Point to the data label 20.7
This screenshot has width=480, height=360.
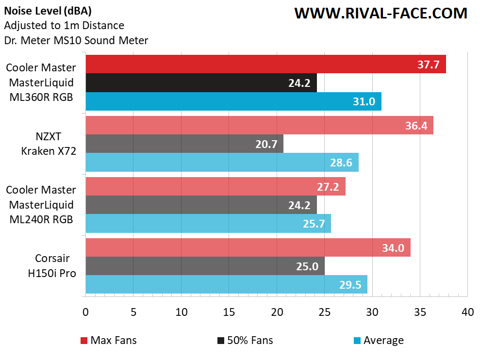pyautogui.click(x=267, y=144)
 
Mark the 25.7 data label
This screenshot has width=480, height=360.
pyautogui.click(x=315, y=223)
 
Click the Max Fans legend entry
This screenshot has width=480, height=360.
pyautogui.click(x=109, y=340)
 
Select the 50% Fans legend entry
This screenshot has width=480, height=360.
pyautogui.click(x=245, y=340)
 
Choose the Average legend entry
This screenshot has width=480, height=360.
pyautogui.click(x=378, y=340)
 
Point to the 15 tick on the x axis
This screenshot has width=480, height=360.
pyautogui.click(x=229, y=312)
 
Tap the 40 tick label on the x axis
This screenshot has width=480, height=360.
pyautogui.click(x=467, y=312)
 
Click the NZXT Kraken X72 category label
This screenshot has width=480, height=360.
pyautogui.click(x=49, y=144)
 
